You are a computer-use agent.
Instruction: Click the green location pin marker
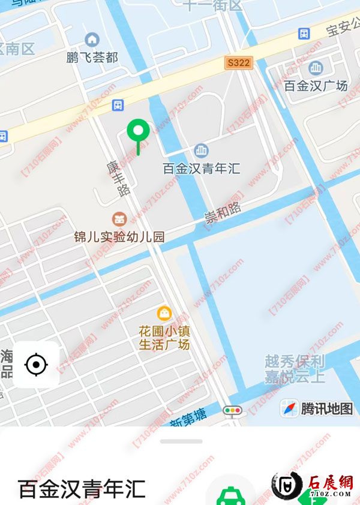pos(139,130)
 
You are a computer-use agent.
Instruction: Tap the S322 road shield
pos(239,62)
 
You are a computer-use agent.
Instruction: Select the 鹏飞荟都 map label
pos(92,58)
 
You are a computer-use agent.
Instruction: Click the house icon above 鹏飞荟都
pos(92,40)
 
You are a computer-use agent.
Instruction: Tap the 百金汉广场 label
pos(316,86)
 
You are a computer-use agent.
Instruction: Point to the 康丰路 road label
pos(118,178)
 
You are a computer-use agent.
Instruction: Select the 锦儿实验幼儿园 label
pos(119,236)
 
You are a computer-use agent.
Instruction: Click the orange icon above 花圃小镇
pos(163,312)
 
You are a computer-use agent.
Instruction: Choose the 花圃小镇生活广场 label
pos(164,338)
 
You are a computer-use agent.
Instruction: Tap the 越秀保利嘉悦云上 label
pos(295,369)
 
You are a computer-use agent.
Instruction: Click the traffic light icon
pos(232,411)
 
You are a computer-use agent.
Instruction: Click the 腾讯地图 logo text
pos(326,409)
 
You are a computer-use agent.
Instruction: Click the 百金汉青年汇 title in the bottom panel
pos(82,489)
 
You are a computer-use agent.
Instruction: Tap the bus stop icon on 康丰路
pos(118,106)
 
